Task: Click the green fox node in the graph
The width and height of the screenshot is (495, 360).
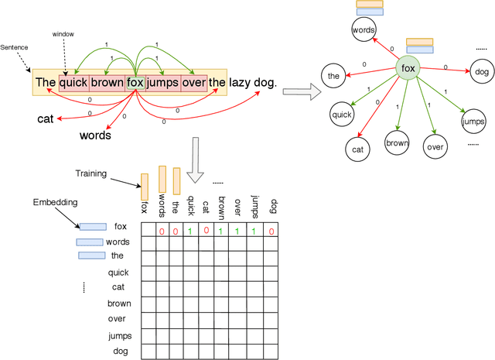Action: tap(408, 70)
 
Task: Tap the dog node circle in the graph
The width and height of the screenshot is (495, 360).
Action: tap(482, 72)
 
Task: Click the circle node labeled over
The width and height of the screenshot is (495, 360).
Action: tap(435, 146)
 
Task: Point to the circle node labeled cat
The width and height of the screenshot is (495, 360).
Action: tap(357, 149)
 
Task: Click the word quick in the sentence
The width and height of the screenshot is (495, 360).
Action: tap(73, 82)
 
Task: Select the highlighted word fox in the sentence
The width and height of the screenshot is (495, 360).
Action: tap(135, 82)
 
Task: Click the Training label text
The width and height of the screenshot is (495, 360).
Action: tap(91, 173)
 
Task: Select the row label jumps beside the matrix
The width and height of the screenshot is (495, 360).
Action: tap(119, 335)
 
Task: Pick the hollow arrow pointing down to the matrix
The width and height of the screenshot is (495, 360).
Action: tap(196, 154)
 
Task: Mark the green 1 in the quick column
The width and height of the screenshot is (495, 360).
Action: tap(190, 231)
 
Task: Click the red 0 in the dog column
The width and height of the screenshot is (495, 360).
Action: tap(271, 231)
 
